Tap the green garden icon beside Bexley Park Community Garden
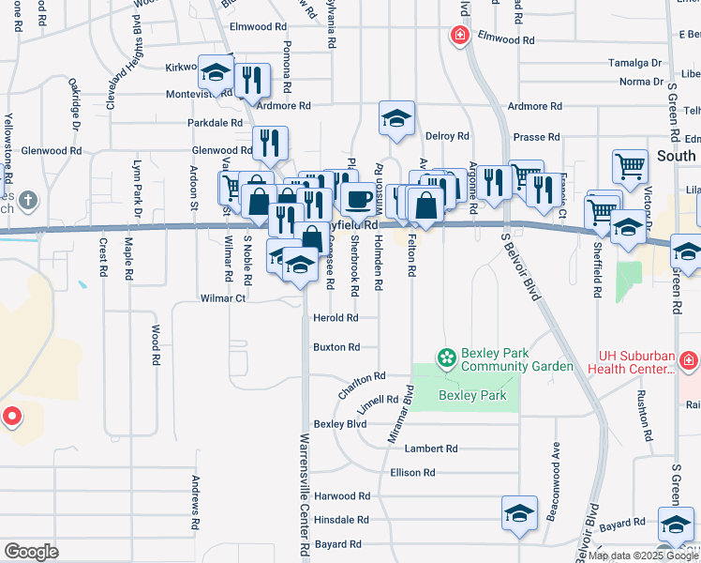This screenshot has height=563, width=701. pyautogui.click(x=447, y=358)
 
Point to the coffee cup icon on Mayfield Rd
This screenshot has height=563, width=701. pyautogui.click(x=356, y=198)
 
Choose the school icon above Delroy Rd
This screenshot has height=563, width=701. pyautogui.click(x=396, y=119)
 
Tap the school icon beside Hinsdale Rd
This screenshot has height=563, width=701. pyautogui.click(x=519, y=513)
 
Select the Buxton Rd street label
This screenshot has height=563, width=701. pyautogui.click(x=336, y=347)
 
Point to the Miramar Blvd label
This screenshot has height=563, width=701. pyautogui.click(x=400, y=414)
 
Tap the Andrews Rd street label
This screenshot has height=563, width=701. pyautogui.click(x=197, y=500)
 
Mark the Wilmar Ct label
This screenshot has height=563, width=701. pyautogui.click(x=222, y=298)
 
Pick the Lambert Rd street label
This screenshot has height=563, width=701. pyautogui.click(x=438, y=449)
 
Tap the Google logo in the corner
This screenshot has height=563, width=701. pyautogui.click(x=31, y=551)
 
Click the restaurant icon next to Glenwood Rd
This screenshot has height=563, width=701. pyautogui.click(x=270, y=143)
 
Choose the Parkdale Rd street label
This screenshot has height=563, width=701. pyautogui.click(x=215, y=123)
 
